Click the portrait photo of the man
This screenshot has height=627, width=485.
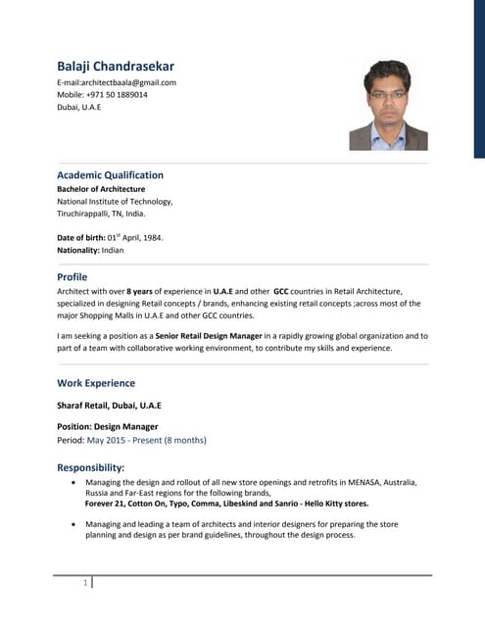pyautogui.click(x=388, y=105)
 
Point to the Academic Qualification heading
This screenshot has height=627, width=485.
pyautogui.click(x=110, y=175)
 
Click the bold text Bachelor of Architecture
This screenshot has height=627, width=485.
pyautogui.click(x=101, y=189)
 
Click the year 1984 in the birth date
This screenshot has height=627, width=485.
pyautogui.click(x=152, y=237)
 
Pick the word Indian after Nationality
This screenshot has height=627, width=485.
pyautogui.click(x=113, y=250)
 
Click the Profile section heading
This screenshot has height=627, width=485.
pyautogui.click(x=73, y=277)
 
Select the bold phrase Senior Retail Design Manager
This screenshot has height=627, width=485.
pyautogui.click(x=205, y=336)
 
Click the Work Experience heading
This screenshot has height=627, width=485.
pyautogui.click(x=96, y=383)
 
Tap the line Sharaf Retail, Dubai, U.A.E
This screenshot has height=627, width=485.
pyautogui.click(x=109, y=405)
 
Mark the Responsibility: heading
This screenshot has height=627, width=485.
pyautogui.click(x=91, y=467)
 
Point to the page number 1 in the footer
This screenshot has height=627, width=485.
pyautogui.click(x=85, y=584)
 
